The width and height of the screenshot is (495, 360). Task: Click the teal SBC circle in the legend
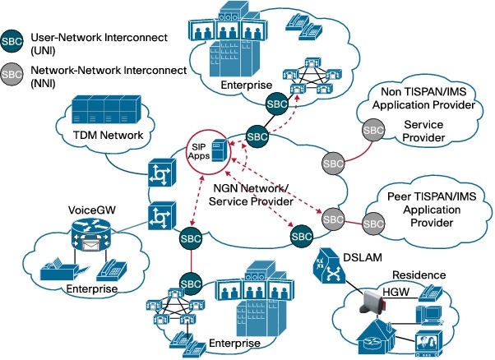(12, 40)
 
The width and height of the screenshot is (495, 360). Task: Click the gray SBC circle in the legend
(12, 72)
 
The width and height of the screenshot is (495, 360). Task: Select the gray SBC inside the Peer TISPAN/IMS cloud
(375, 221)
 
